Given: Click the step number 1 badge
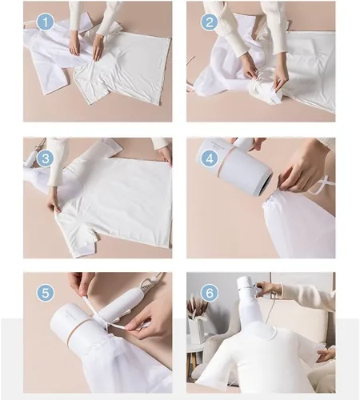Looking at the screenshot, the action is [x=46, y=22].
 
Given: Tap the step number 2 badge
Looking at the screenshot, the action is [x=210, y=22].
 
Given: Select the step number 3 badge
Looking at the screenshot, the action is [x=46, y=158].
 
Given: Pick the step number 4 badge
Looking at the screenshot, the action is [x=210, y=158].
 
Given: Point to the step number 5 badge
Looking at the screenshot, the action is [x=46, y=293].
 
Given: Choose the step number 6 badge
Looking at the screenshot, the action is [x=210, y=293].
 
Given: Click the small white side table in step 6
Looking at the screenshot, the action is [x=196, y=354].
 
